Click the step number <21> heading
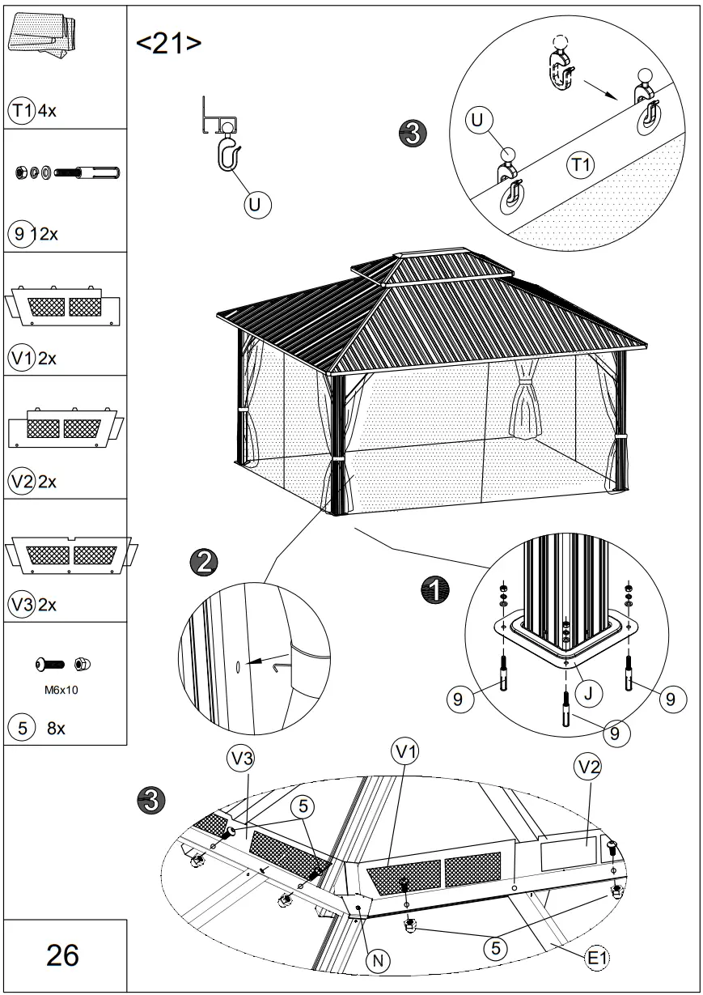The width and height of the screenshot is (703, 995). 168,44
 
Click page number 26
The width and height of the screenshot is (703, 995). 62,955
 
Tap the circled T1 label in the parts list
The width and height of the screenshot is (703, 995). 20,111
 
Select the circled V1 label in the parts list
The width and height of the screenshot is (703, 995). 21,358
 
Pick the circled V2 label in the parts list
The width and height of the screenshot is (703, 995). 21,481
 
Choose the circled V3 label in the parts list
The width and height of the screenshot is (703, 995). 21,604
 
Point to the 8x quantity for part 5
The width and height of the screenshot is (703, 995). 56,728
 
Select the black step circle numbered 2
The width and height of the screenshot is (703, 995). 202,561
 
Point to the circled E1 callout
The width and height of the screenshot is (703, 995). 597,958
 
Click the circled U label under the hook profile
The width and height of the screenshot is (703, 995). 256,206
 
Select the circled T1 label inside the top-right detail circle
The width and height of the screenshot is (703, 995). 579,165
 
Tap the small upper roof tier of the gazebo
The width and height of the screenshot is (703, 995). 433,266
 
